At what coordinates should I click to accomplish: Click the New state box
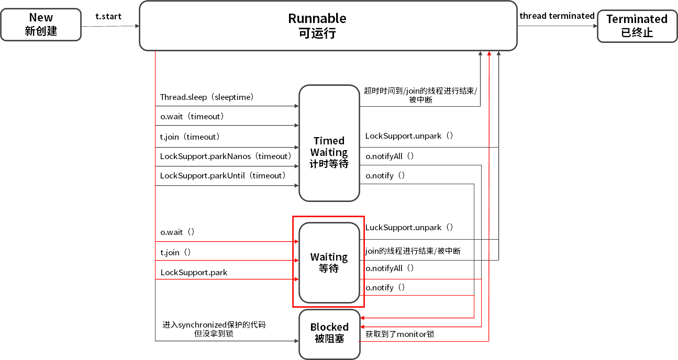point(41,25)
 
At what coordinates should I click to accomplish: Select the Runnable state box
point(328,26)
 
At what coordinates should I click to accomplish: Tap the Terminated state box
point(637,26)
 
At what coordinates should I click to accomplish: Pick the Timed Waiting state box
point(329,143)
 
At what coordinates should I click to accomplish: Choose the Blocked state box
point(329,334)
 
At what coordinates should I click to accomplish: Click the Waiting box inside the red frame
point(329,263)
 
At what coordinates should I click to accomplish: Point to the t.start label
point(108,16)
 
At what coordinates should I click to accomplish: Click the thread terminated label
point(557,16)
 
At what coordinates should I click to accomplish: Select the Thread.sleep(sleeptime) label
point(207,97)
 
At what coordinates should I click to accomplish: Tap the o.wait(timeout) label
point(192,117)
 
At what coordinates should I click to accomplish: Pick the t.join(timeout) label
point(190,137)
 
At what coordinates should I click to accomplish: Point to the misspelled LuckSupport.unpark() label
point(409,228)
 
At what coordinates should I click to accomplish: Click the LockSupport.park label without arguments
point(194,273)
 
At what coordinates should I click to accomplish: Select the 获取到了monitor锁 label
point(400,334)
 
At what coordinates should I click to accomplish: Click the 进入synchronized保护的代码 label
point(214,324)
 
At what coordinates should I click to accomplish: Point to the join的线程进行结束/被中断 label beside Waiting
point(413,251)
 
